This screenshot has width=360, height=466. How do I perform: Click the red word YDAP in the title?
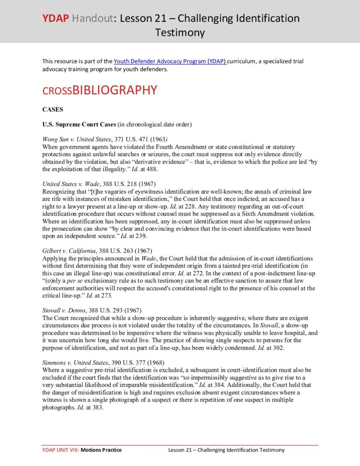56,19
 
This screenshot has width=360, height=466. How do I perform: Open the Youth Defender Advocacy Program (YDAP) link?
170,61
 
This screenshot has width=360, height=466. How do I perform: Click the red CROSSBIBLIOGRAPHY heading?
100,90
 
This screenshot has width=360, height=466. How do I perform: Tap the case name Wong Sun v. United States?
76,139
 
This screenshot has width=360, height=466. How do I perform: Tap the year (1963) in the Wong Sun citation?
159,139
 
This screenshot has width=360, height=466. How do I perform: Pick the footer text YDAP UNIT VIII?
61,450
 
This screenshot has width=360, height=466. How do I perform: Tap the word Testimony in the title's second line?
180,33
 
